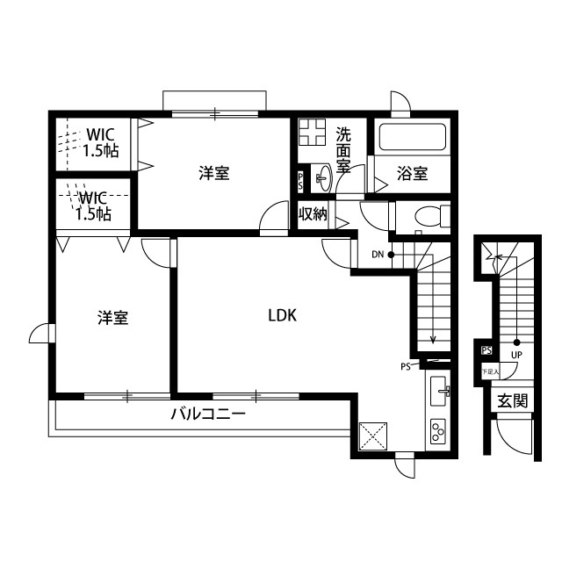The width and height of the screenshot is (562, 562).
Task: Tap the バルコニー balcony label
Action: coord(207,414)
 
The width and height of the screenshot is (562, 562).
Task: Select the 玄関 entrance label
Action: coord(512,401)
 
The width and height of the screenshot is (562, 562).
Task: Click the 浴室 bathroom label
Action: coord(412,174)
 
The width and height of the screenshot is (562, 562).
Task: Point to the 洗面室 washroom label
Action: coord(343,149)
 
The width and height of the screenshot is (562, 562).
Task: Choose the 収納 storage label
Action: coord(313,213)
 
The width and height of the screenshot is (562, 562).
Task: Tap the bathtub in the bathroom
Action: coord(412,138)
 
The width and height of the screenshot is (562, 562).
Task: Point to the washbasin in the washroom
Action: coord(321,179)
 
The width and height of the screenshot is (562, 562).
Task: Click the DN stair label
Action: coord(378,255)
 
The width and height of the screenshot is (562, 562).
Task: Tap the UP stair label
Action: coord(516,355)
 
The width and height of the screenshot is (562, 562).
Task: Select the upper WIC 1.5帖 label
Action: coord(100,142)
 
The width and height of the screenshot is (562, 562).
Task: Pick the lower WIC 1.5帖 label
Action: coord(93,206)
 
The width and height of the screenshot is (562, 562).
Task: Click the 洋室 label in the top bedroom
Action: coord(214,174)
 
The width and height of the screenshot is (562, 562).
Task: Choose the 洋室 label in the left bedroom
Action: coord(113,318)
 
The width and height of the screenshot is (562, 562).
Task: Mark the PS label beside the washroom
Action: coord(301,182)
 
